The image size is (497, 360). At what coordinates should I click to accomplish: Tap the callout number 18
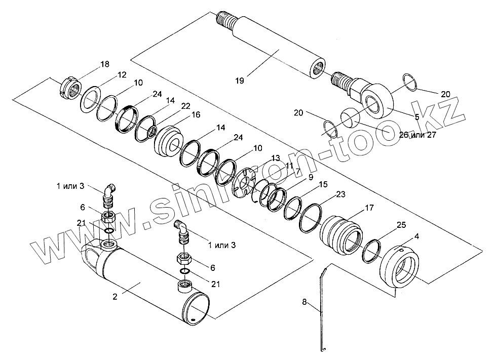point(104,64)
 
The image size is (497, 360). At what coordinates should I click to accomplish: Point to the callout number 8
point(304,302)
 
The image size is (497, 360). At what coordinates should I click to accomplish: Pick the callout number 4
point(416,236)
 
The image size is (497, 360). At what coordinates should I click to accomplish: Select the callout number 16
point(194,115)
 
